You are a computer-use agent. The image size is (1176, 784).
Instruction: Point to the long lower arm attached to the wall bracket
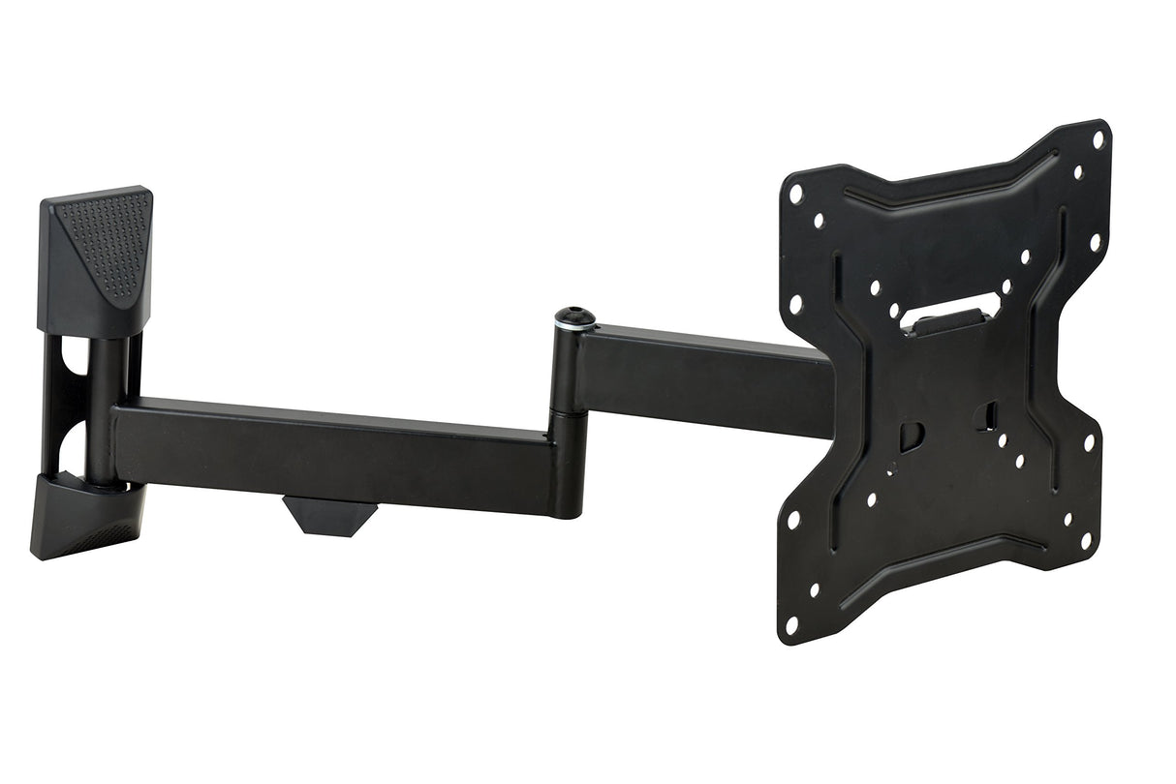(x=329, y=450)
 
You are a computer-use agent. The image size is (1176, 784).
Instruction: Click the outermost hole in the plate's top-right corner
(x=1098, y=139)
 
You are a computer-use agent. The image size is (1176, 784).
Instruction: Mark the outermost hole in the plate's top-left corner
(x=796, y=194)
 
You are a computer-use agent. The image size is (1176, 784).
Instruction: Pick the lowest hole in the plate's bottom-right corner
(x=1086, y=540)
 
